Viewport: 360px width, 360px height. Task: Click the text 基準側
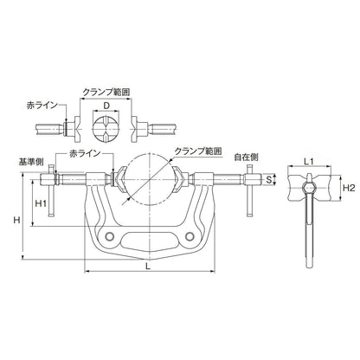(31, 161)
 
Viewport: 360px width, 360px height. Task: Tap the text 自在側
(247, 158)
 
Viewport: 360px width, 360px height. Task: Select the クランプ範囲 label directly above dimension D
(106, 91)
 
